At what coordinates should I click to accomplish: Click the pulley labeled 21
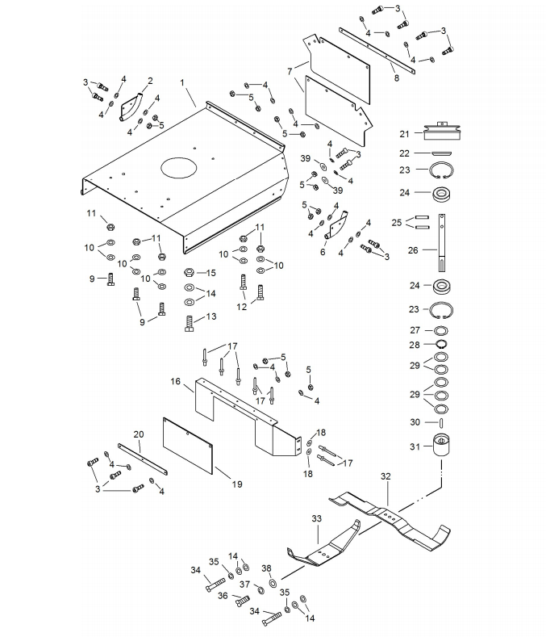pyautogui.click(x=442, y=131)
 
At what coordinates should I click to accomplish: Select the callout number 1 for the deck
pyautogui.click(x=182, y=83)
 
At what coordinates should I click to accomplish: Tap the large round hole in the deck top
pyautogui.click(x=179, y=166)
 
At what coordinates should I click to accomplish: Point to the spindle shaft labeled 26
pyautogui.click(x=442, y=242)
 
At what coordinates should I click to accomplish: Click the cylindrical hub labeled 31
pyautogui.click(x=441, y=446)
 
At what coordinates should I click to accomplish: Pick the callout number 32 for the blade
pyautogui.click(x=386, y=476)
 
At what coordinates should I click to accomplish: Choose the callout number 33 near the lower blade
pyautogui.click(x=317, y=519)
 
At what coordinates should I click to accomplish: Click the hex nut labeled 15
pyautogui.click(x=189, y=272)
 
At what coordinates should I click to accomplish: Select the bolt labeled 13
pyautogui.click(x=190, y=324)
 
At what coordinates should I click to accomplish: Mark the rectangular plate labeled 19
pyautogui.click(x=188, y=446)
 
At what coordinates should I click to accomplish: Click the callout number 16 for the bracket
pyautogui.click(x=175, y=381)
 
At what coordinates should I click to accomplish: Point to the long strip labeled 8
pyautogui.click(x=377, y=51)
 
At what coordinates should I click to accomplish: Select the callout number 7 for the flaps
pyautogui.click(x=290, y=72)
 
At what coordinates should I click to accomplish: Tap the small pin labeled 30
pyautogui.click(x=441, y=422)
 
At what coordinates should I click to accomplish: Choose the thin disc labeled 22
pyautogui.click(x=441, y=153)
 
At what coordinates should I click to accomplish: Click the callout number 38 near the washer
pyautogui.click(x=266, y=568)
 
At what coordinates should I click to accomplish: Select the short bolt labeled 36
pyautogui.click(x=242, y=600)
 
